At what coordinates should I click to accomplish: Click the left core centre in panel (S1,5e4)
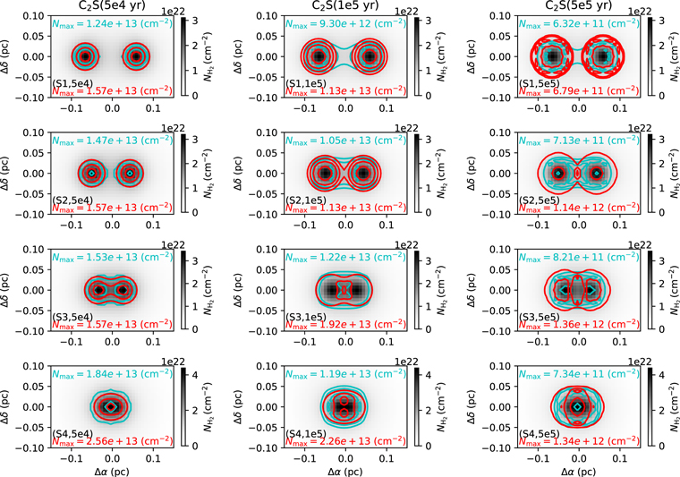coord(84,56)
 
